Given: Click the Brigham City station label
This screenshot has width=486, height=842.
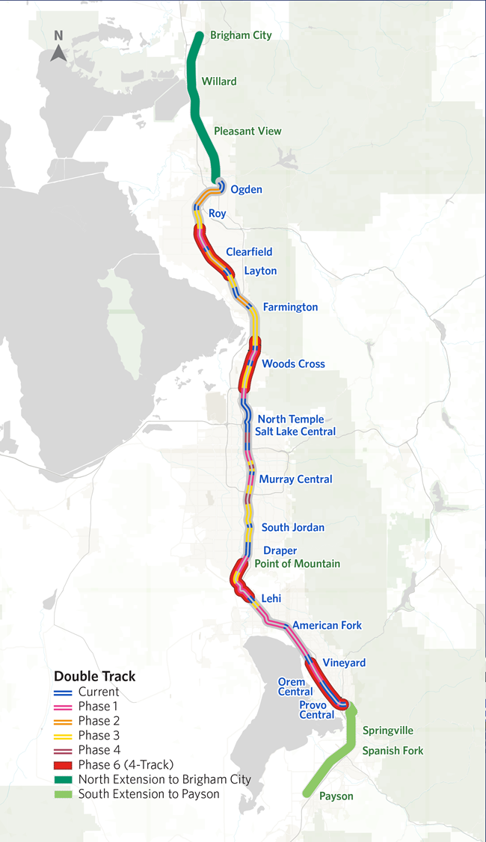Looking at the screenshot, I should [x=241, y=35].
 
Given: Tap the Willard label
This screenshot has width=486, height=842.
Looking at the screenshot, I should [x=219, y=82].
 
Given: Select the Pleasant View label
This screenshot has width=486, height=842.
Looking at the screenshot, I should [x=247, y=131].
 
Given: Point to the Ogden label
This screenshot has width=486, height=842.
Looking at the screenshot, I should [x=246, y=189].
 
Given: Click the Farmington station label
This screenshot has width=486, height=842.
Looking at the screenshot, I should [x=290, y=307].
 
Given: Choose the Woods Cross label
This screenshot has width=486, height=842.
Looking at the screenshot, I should [x=293, y=363].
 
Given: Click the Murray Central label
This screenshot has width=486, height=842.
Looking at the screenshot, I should [x=295, y=479].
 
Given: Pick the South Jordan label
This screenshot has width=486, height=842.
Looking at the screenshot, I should [x=293, y=527].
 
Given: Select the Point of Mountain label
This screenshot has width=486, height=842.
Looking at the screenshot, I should [x=298, y=564].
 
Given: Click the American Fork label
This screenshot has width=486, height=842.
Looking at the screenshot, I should [x=327, y=625].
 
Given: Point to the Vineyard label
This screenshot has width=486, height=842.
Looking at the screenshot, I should [x=344, y=663].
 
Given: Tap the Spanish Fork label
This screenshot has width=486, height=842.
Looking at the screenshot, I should [x=393, y=750].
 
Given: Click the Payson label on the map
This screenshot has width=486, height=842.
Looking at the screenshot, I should [x=336, y=796].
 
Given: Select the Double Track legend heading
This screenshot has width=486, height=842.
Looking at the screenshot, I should [x=94, y=676].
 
